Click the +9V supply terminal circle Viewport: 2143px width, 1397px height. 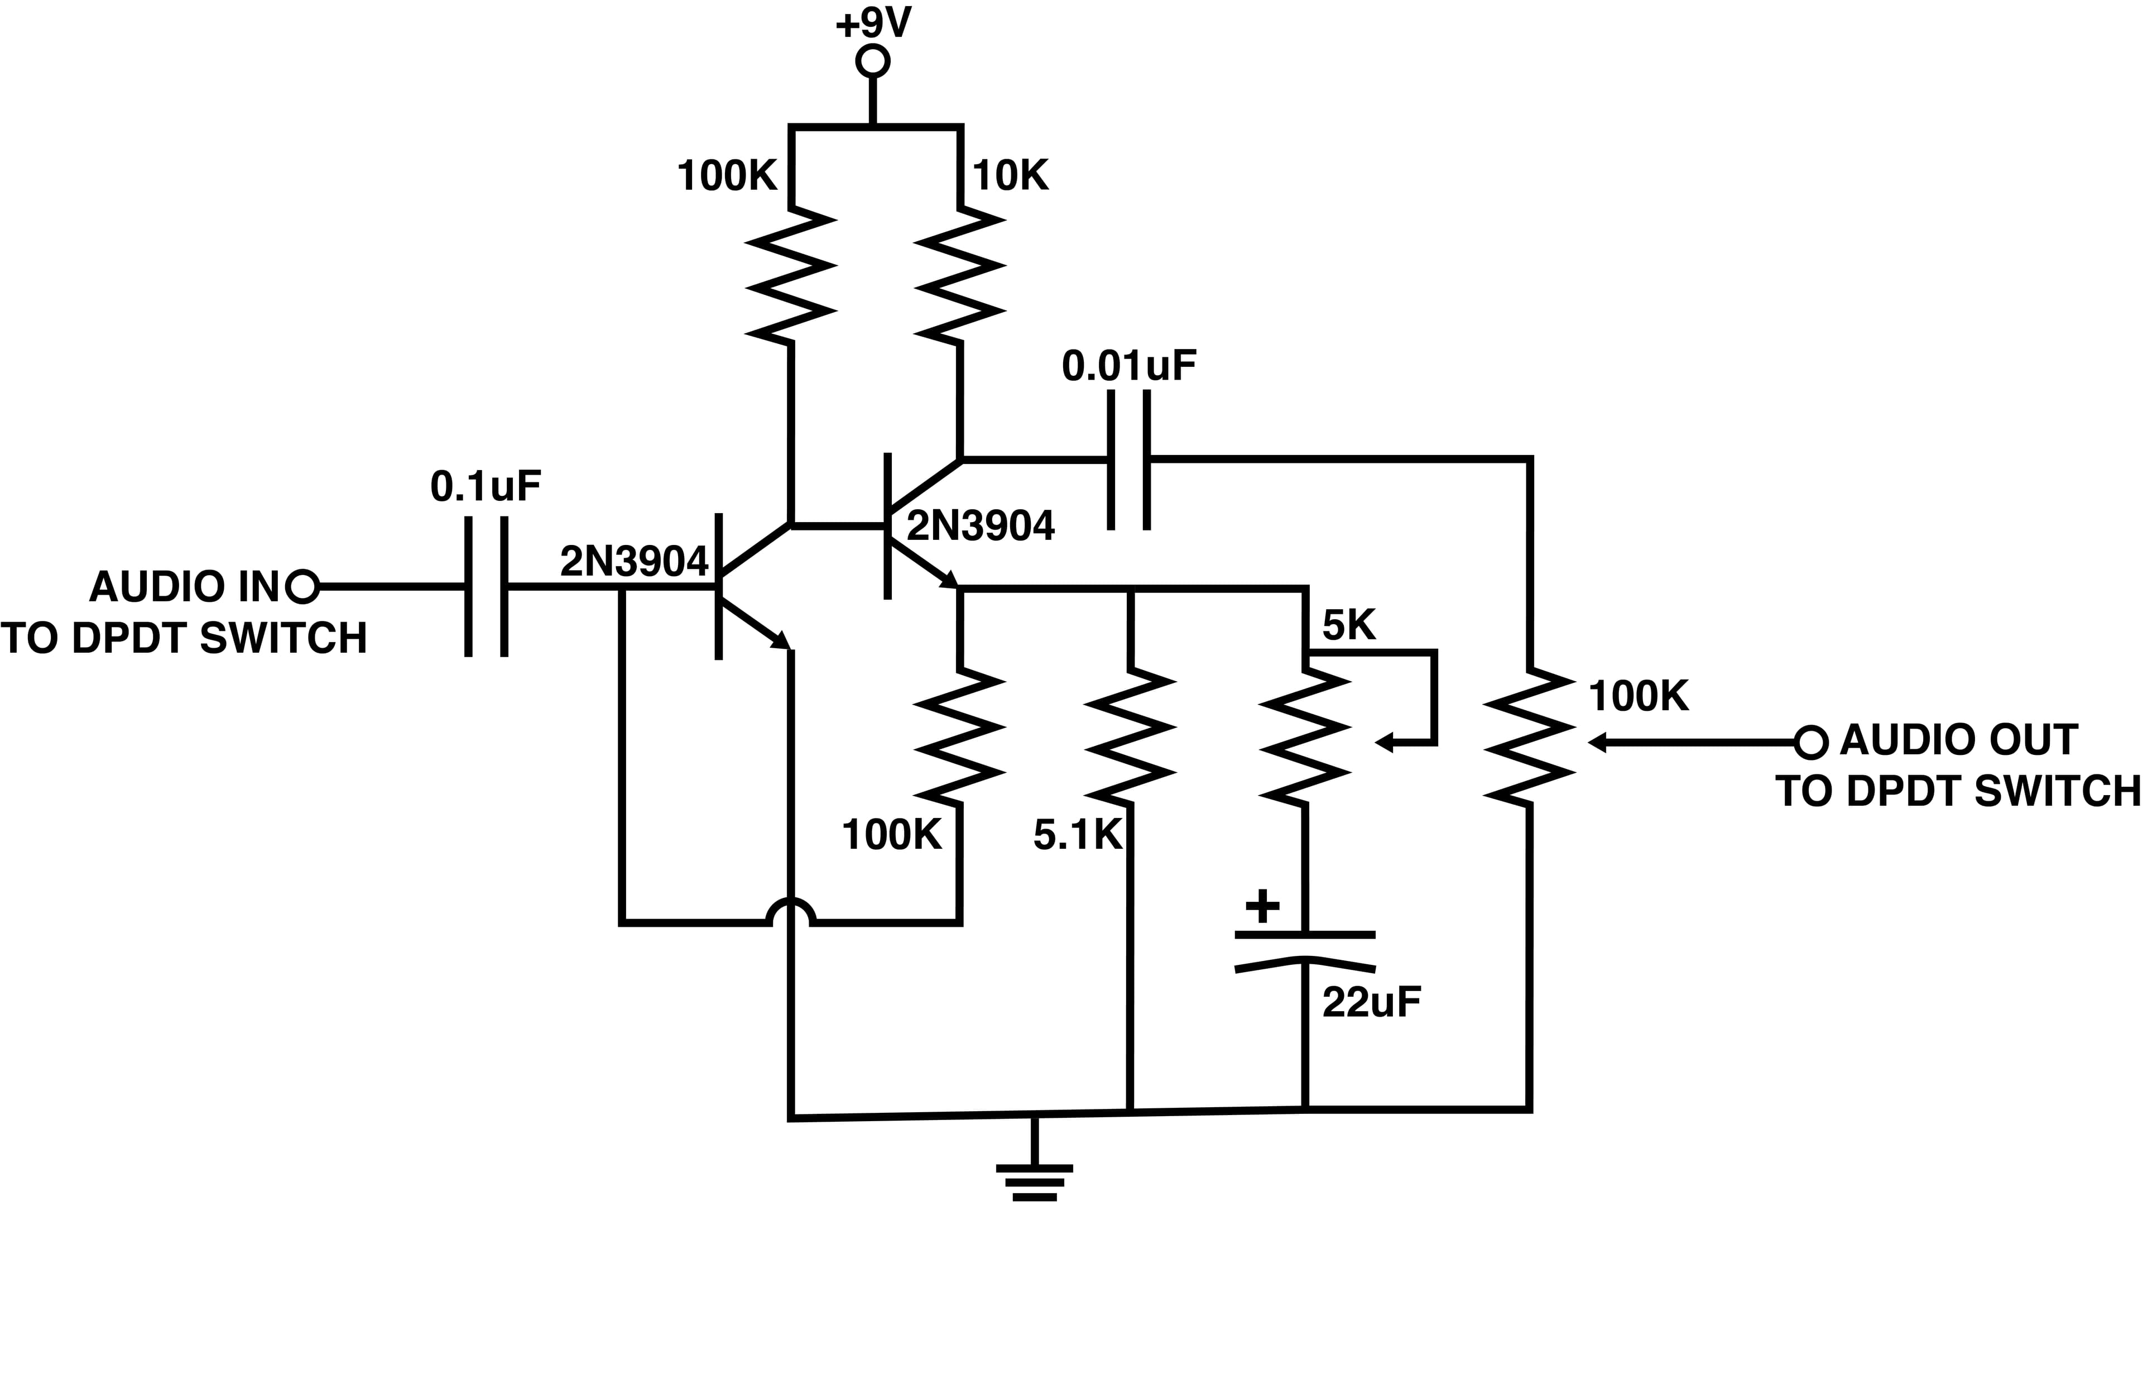pos(872,61)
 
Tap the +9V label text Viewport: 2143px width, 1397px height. pos(873,22)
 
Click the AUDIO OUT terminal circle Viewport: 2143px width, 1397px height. pos(1811,742)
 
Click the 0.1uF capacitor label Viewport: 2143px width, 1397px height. pos(486,486)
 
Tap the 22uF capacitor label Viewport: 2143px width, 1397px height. pos(1371,1002)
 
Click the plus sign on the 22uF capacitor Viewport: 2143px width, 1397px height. pos(1262,906)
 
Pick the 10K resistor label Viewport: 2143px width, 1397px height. pos(1010,176)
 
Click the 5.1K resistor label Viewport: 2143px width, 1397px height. pos(1078,836)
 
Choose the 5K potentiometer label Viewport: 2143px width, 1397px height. pos(1349,625)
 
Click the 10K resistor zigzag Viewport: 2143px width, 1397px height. pos(960,276)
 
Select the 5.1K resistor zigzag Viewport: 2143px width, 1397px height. pos(1131,737)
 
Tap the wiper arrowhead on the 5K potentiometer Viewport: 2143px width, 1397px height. pos(1385,743)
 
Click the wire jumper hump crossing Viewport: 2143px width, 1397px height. pos(791,912)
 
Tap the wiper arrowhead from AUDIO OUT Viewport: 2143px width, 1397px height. pos(1597,742)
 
